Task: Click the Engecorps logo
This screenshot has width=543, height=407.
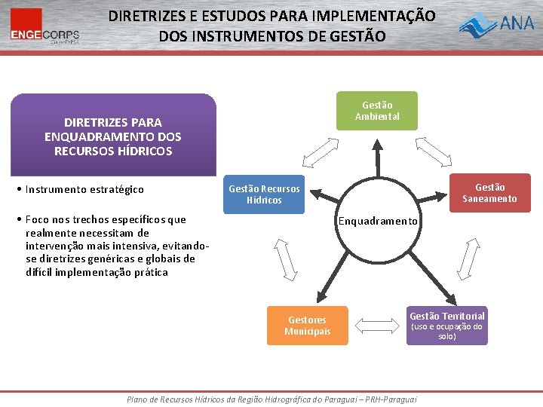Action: [44, 26]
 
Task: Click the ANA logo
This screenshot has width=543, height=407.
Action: [498, 26]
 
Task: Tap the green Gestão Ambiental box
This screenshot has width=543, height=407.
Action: [377, 111]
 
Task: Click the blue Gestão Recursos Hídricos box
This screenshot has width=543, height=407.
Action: [264, 194]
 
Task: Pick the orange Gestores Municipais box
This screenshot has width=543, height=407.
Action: [307, 326]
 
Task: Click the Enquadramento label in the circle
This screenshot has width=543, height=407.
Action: [378, 221]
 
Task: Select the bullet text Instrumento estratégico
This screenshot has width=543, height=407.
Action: [84, 189]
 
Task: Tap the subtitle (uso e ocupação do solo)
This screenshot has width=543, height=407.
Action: [446, 332]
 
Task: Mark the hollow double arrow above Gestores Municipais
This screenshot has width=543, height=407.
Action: [288, 262]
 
